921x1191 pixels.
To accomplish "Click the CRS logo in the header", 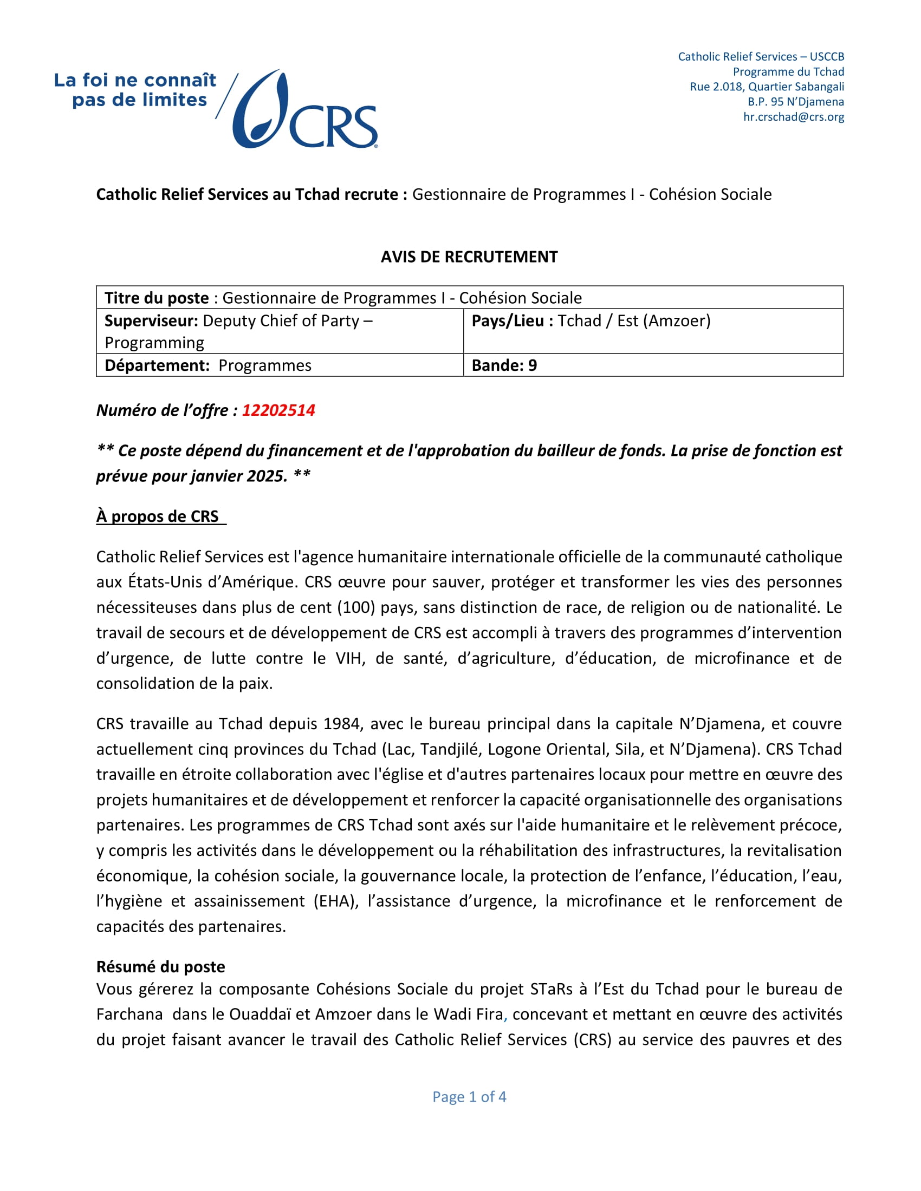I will (306, 109).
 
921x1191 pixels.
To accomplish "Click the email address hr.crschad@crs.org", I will (793, 117).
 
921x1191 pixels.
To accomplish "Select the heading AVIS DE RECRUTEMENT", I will (469, 257).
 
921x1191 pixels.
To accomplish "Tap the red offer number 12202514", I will (278, 410).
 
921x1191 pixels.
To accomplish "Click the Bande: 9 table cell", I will (504, 365).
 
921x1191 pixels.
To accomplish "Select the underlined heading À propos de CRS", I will (158, 516).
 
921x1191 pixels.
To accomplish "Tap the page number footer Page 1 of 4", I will (469, 1097).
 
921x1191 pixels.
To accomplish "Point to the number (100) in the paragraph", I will (356, 607).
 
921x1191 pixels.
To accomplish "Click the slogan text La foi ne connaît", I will (135, 80).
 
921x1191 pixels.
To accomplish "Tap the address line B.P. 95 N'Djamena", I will (795, 101).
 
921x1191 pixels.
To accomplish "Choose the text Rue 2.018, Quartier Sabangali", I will (767, 86).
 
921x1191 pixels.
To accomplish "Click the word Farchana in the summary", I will (129, 1015).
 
